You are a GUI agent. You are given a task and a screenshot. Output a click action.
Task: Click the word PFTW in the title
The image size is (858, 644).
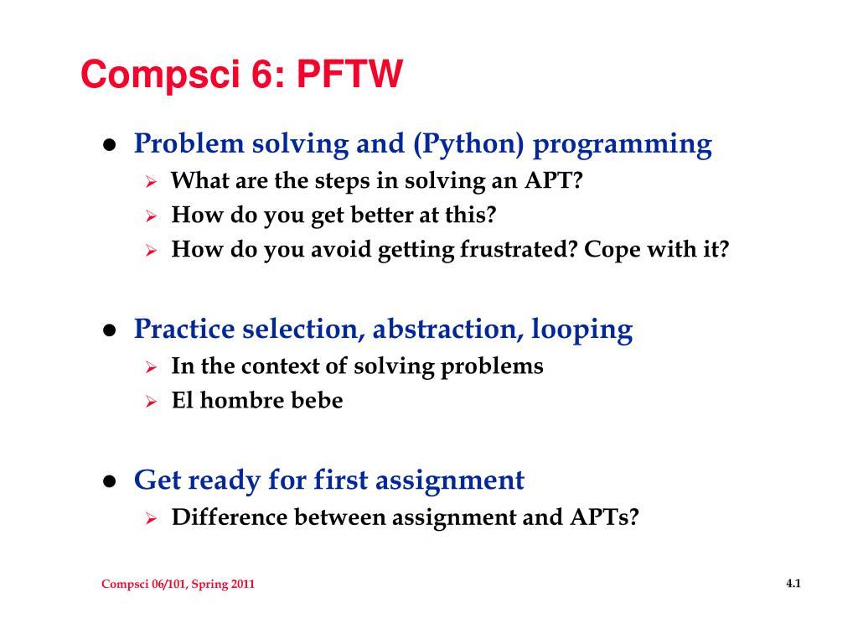click(349, 74)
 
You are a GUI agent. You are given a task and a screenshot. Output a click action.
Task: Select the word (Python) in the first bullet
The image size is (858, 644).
click(469, 144)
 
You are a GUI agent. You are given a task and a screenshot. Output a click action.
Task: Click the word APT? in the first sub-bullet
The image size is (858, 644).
click(554, 180)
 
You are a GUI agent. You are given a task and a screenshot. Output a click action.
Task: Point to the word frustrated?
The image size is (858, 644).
click(519, 250)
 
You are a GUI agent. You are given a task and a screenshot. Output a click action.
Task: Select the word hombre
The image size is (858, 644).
click(242, 400)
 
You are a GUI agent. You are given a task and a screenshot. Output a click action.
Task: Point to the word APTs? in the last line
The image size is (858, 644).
click(604, 517)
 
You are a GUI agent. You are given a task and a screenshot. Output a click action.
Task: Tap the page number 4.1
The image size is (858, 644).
click(793, 584)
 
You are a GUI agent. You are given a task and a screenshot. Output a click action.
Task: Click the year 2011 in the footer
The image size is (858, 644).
click(242, 584)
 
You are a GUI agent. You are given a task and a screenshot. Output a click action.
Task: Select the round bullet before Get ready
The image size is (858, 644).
click(110, 481)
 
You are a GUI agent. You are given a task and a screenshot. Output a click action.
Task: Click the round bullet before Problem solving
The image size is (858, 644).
click(110, 144)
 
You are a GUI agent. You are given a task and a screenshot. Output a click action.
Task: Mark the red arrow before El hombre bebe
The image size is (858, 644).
click(152, 402)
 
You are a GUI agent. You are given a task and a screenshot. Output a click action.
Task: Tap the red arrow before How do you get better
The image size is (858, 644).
click(152, 216)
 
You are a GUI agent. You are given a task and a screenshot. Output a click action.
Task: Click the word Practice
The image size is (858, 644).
click(184, 329)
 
